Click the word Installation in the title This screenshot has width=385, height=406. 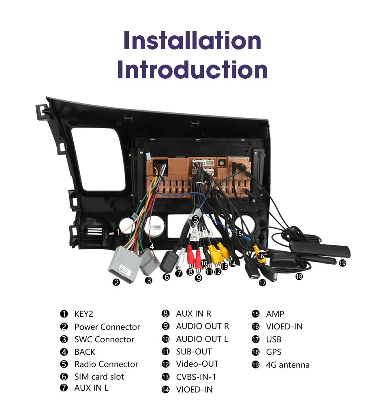192,41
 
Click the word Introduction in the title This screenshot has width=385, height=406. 192,70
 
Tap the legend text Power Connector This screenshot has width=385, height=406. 107,327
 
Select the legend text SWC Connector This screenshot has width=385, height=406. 104,339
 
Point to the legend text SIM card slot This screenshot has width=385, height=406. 99,377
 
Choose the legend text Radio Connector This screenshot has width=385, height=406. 106,364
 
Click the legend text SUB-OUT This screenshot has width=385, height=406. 194,352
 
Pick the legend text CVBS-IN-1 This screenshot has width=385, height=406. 196,377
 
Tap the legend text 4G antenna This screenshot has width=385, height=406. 288,365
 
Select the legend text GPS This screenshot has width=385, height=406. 274,352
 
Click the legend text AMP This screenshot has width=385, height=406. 275,314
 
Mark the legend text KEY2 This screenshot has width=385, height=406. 83,314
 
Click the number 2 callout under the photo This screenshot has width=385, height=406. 117,282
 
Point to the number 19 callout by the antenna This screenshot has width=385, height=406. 342,263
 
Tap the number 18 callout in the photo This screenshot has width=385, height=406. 299,276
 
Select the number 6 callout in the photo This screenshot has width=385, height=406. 167,277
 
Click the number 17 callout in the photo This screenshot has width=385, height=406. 263,283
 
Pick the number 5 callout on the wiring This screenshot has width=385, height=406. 195,219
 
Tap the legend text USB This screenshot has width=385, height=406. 274,339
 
